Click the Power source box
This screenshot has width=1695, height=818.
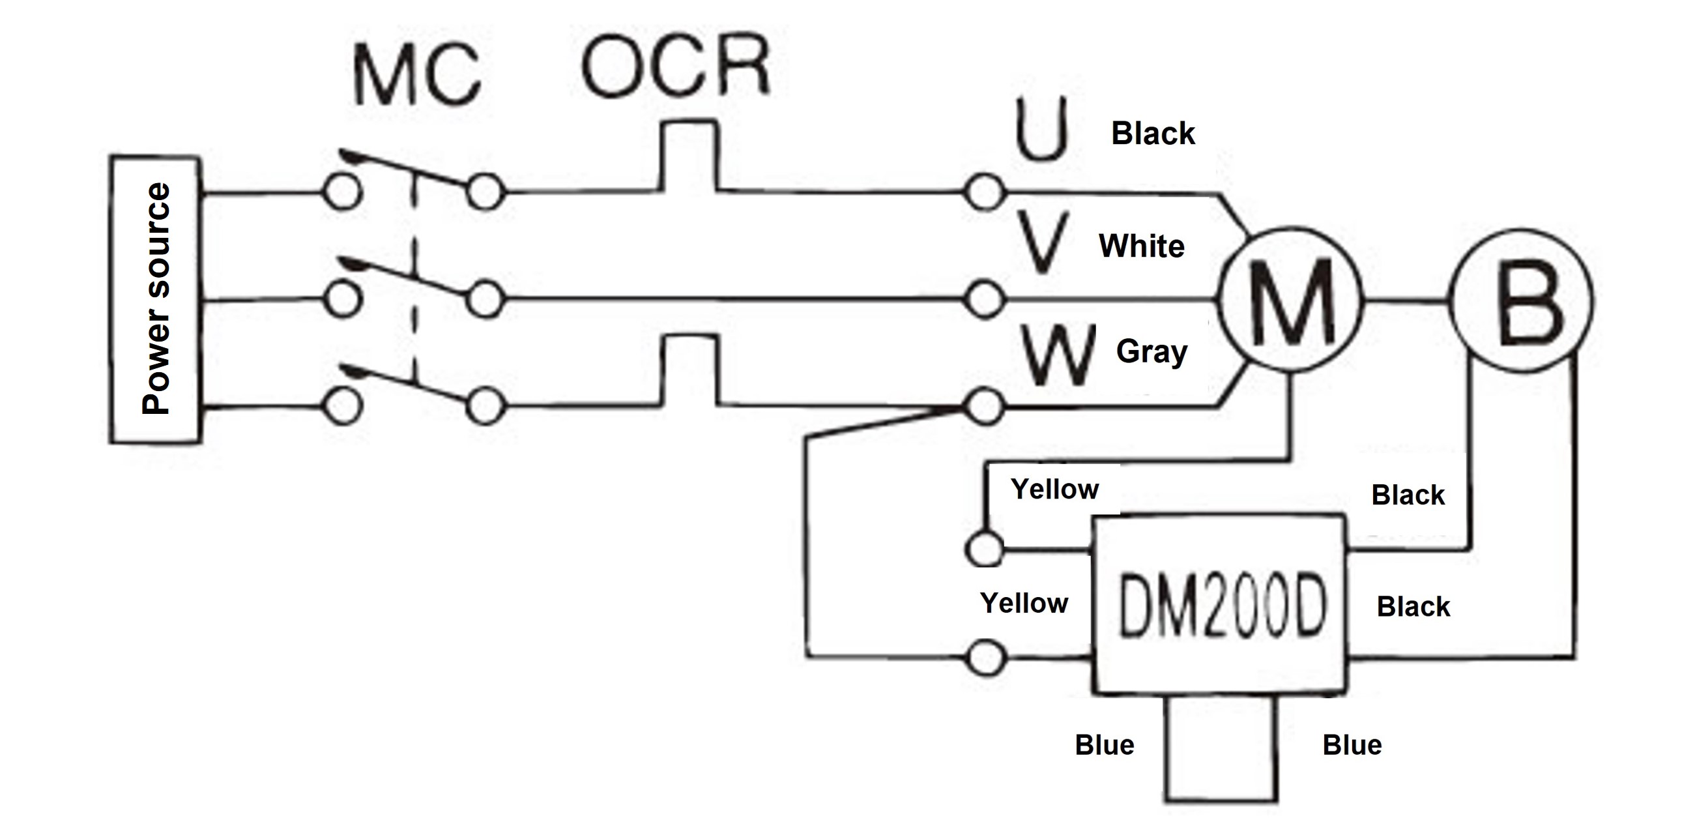point(155,299)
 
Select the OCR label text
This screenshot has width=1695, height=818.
point(675,66)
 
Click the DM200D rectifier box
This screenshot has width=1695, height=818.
point(1219,604)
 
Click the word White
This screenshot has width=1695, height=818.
point(1142,246)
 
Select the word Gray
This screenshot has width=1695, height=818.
point(1152,352)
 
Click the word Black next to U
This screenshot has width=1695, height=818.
point(1153,134)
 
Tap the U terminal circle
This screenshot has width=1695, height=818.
point(985,193)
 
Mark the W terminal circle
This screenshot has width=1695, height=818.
point(985,407)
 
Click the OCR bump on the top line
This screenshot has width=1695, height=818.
point(688,154)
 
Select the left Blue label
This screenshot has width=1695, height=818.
point(1104,746)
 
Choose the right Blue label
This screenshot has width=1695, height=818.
point(1352,746)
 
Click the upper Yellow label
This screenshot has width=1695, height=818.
point(1055,489)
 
